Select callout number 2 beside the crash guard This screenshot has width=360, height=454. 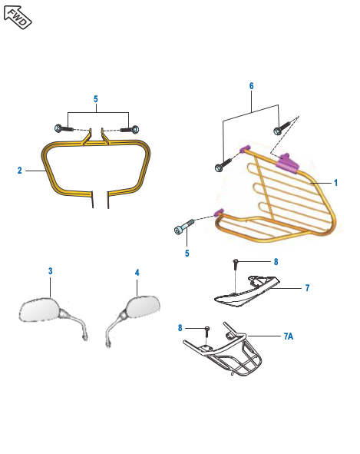(19, 171)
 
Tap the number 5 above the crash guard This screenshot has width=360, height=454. (96, 99)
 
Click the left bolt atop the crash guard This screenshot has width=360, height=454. (61, 128)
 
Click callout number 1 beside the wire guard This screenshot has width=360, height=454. (335, 183)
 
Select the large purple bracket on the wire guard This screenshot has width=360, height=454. (286, 161)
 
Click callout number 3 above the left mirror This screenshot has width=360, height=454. (50, 272)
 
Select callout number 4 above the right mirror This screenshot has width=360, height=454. (137, 273)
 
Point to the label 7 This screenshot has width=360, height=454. (307, 288)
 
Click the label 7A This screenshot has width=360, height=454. (288, 336)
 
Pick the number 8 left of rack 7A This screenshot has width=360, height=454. (181, 328)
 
